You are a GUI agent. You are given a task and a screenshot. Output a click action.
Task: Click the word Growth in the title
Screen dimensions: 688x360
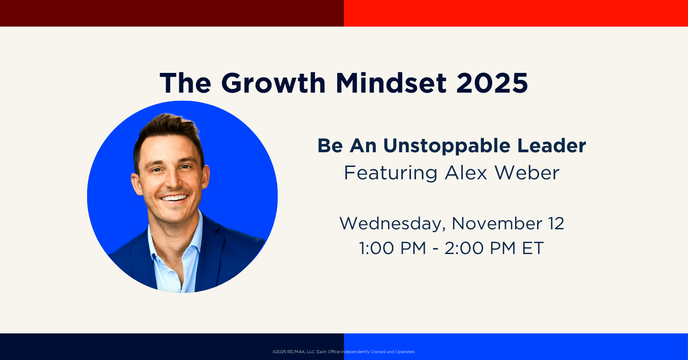click(273, 83)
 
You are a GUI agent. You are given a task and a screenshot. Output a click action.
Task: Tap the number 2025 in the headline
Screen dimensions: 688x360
click(492, 83)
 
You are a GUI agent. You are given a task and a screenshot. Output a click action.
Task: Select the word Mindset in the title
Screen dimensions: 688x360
click(391, 83)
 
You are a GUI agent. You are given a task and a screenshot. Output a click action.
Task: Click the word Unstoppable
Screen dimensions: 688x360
click(447, 146)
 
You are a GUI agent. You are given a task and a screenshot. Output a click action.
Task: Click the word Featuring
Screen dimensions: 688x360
click(391, 173)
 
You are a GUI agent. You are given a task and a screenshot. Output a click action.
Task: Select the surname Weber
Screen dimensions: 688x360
click(527, 172)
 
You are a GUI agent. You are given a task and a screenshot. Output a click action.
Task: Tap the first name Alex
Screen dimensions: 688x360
click(466, 173)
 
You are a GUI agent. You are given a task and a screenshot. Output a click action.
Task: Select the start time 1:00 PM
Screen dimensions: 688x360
click(393, 248)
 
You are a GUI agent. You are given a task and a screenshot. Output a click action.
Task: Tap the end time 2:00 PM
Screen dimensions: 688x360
click(480, 248)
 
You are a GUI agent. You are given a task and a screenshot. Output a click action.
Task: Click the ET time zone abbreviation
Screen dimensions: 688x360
click(533, 248)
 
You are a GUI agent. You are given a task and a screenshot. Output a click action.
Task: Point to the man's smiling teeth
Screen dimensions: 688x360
click(174, 198)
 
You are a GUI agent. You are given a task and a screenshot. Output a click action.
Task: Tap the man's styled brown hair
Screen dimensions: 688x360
click(169, 132)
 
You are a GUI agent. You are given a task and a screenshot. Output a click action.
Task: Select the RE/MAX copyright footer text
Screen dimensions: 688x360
click(344, 352)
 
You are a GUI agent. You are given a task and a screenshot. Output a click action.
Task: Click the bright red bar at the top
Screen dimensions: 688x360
click(516, 13)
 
